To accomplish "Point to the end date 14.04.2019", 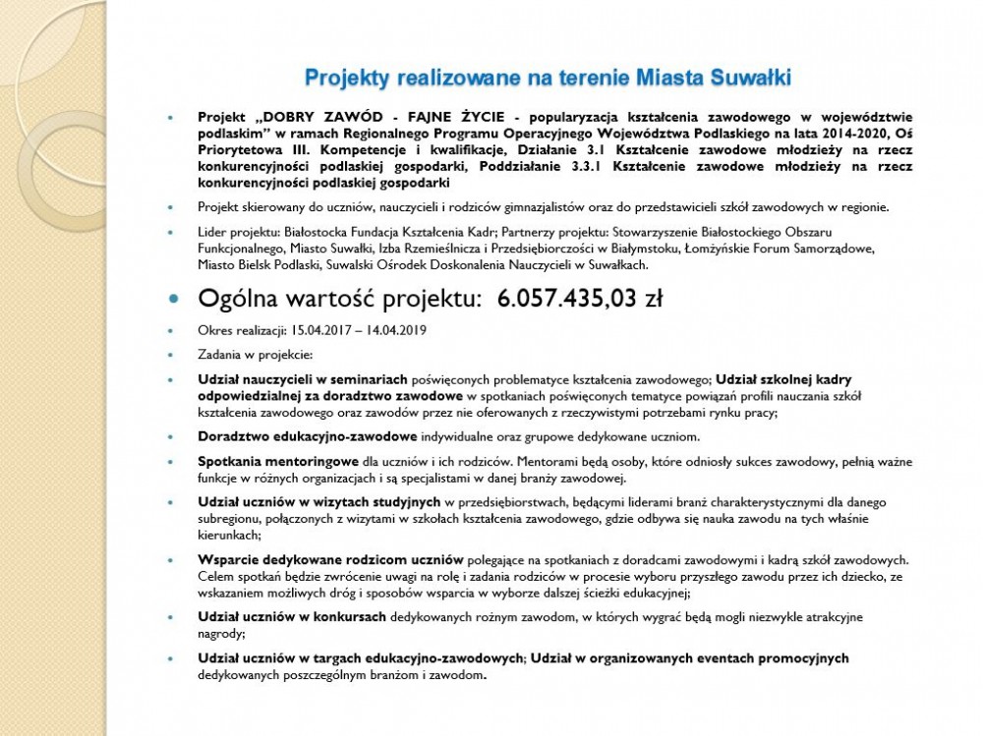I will pyautogui.click(x=404, y=331).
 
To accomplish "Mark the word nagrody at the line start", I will pyautogui.click(x=221, y=635).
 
